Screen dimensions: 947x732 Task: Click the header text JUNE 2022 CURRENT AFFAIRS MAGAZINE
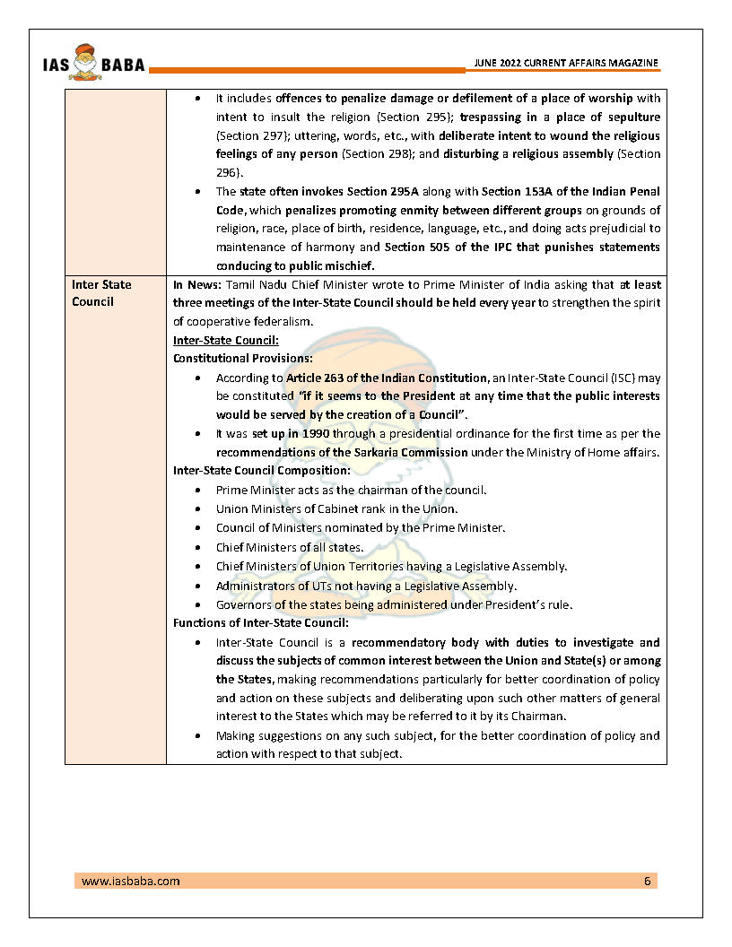(x=566, y=63)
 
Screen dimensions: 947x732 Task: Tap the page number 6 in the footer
(x=647, y=881)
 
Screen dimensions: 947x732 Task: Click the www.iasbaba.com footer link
(x=130, y=881)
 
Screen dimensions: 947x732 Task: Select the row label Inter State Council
(x=101, y=293)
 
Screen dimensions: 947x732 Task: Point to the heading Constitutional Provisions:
(x=235, y=358)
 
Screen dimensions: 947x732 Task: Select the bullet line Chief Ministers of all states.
(x=289, y=547)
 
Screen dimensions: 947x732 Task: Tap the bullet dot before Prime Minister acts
(x=197, y=491)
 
